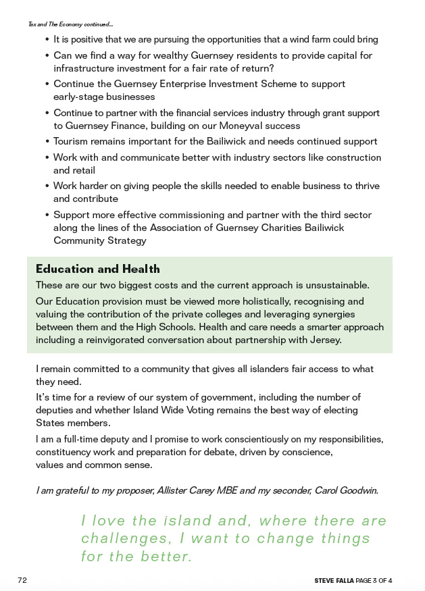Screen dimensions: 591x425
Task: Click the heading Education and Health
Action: coord(97,269)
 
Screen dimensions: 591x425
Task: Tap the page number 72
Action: coord(22,580)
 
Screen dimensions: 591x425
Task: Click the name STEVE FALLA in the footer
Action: coord(334,581)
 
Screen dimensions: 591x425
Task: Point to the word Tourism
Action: coord(72,141)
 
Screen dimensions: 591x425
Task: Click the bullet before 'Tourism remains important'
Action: coord(47,142)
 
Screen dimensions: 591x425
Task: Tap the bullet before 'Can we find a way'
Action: coord(47,56)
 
